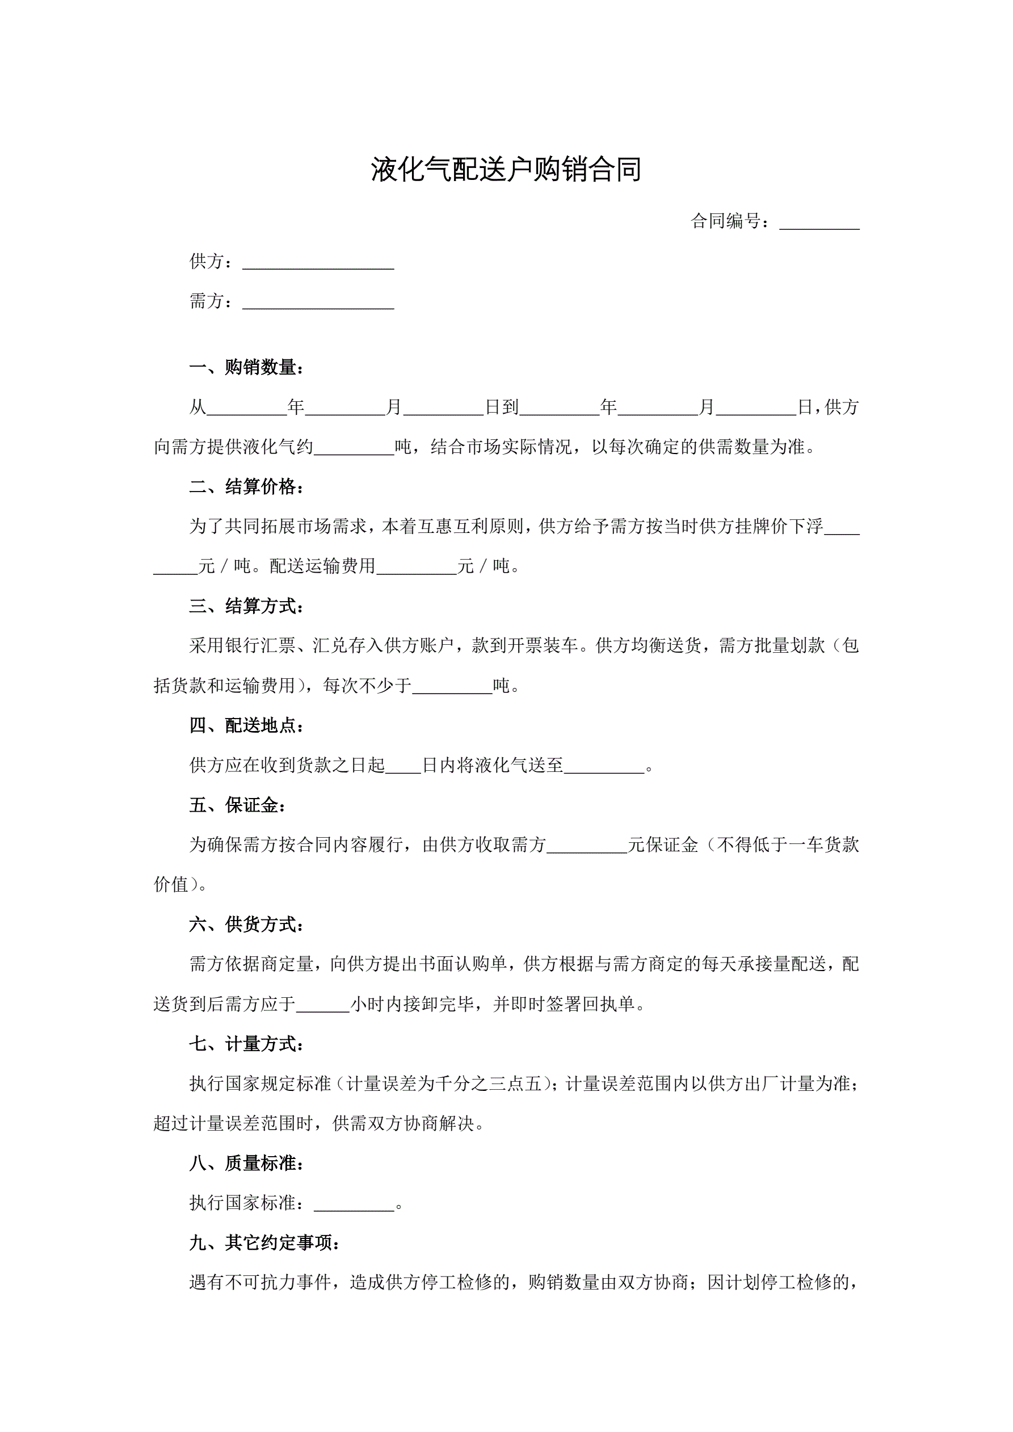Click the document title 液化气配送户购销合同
pos(506,170)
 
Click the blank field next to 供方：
pos(318,263)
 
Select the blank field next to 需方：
pos(318,303)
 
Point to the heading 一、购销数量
pos(247,367)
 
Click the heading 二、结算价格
pos(247,487)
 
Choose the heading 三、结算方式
pos(247,606)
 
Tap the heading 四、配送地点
pos(247,725)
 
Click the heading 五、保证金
pos(238,805)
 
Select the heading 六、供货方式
pos(247,925)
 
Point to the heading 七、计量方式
pos(247,1044)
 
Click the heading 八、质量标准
pos(247,1163)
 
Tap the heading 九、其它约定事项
pos(265,1243)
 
